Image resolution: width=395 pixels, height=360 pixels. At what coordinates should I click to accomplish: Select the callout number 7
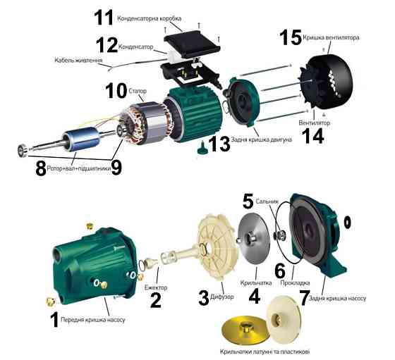tap(304, 298)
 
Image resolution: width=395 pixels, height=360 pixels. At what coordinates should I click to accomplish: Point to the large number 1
tap(54, 321)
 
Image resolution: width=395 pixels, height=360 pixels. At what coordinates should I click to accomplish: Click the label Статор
tap(138, 91)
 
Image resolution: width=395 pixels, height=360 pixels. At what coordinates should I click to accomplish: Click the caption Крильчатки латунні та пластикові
tap(265, 351)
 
